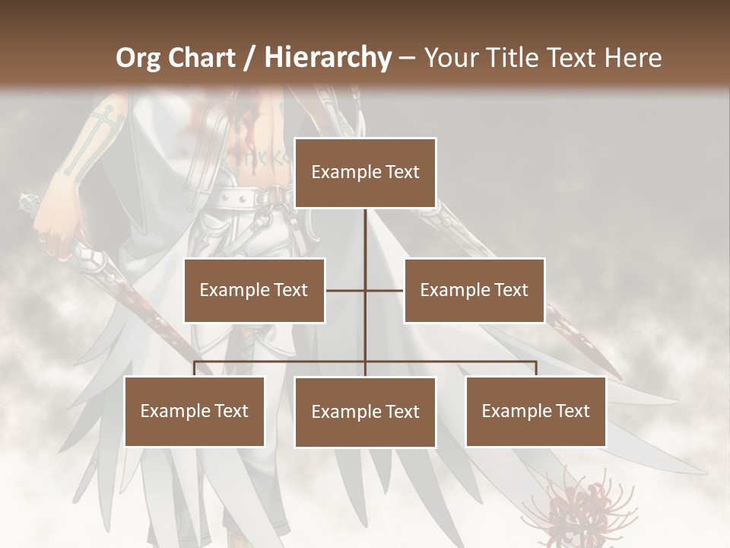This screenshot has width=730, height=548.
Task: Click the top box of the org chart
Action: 365,173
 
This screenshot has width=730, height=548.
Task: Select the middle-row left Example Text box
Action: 254,290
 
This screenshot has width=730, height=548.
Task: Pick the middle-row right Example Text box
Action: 474,290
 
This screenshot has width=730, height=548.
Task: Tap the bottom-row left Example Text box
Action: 194,411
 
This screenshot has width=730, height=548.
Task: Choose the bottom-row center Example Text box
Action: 365,412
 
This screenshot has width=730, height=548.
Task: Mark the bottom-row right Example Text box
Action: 535,411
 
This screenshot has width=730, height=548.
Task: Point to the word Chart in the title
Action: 199,58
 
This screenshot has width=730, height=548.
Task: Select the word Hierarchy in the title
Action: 328,58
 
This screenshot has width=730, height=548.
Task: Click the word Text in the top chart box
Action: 401,172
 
